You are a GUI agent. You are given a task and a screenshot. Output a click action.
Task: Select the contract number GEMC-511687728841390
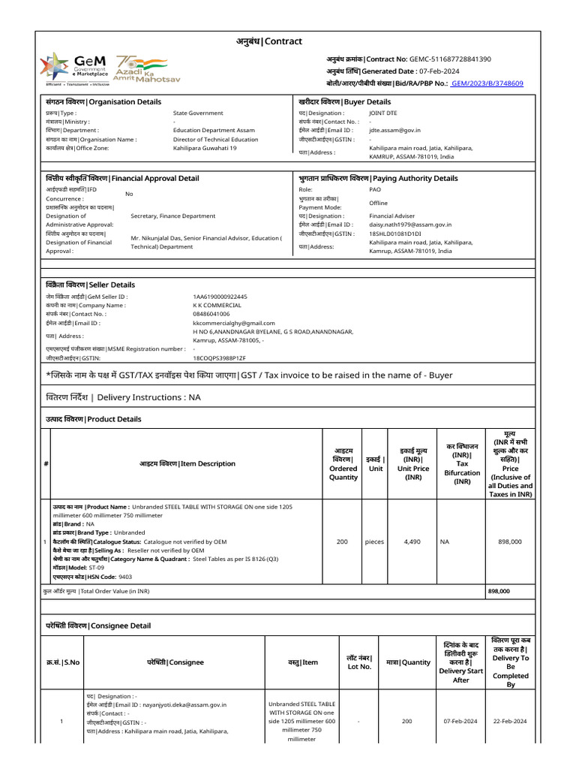point(450,59)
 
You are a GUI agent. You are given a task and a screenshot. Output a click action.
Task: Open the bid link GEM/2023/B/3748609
point(487,83)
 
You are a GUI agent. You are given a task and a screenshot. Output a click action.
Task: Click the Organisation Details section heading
point(103,101)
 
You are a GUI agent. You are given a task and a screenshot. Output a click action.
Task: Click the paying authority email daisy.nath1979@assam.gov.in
point(410,225)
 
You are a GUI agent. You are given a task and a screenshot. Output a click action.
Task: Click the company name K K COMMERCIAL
point(217,306)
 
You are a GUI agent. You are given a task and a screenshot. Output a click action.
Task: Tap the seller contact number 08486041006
point(211,314)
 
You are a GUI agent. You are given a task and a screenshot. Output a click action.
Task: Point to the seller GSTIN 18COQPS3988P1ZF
point(219,358)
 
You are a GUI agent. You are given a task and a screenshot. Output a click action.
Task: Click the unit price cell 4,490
point(412,541)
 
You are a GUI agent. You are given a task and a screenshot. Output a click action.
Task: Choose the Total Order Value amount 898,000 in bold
point(499,591)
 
